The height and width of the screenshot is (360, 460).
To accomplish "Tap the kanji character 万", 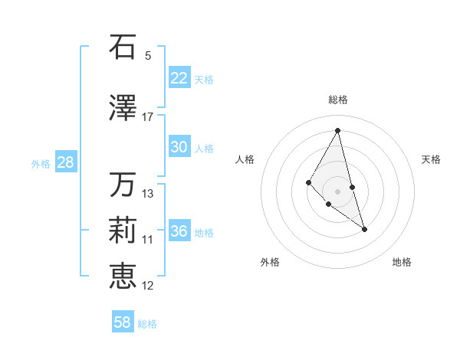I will pyautogui.click(x=123, y=185).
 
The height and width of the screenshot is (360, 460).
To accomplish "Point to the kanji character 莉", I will pyautogui.click(x=123, y=231).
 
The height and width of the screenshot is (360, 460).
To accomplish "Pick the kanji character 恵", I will pyautogui.click(x=123, y=276).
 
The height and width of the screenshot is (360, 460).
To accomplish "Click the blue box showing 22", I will pyautogui.click(x=179, y=78).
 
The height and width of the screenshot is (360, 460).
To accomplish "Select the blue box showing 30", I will pyautogui.click(x=179, y=147).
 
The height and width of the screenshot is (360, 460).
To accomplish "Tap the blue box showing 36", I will pyautogui.click(x=179, y=231).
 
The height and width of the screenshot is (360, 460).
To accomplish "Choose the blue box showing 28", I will pyautogui.click(x=65, y=162).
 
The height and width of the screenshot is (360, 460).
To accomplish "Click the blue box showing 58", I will pyautogui.click(x=123, y=322).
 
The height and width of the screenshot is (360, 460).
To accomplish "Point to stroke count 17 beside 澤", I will pyautogui.click(x=148, y=117).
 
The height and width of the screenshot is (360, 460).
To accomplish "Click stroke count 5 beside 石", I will pyautogui.click(x=148, y=55).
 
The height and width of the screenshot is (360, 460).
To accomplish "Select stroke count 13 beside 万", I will pyautogui.click(x=148, y=194).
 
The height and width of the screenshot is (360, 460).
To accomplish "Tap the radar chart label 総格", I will pyautogui.click(x=337, y=100).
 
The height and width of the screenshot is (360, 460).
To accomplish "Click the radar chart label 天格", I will pyautogui.click(x=431, y=159).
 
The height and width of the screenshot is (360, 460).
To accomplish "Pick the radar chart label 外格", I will pyautogui.click(x=270, y=263).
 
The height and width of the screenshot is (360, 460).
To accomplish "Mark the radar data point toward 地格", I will pyautogui.click(x=364, y=229).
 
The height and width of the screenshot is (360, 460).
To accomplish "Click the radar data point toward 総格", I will pyautogui.click(x=337, y=129).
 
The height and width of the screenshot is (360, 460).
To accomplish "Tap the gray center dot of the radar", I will pyautogui.click(x=337, y=191).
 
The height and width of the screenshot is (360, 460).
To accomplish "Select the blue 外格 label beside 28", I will pyautogui.click(x=41, y=163).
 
